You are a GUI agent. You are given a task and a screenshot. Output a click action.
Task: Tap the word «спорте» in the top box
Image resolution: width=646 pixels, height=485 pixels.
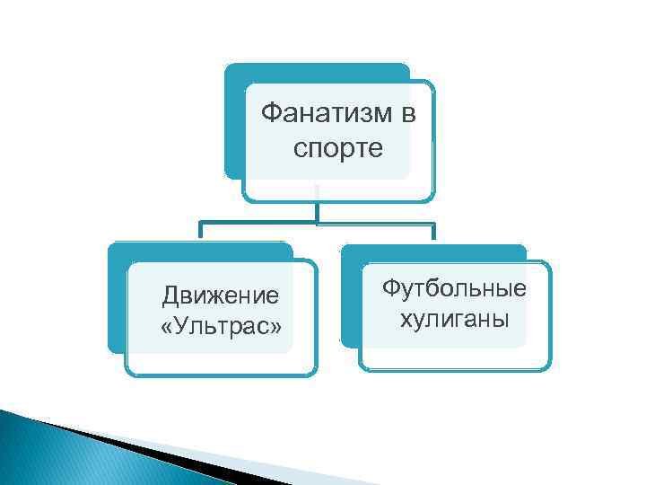(x=337, y=146)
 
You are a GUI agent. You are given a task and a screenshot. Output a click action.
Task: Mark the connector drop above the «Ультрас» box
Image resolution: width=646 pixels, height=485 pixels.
(x=201, y=232)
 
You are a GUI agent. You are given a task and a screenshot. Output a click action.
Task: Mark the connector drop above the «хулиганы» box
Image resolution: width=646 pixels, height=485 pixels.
(x=434, y=232)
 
